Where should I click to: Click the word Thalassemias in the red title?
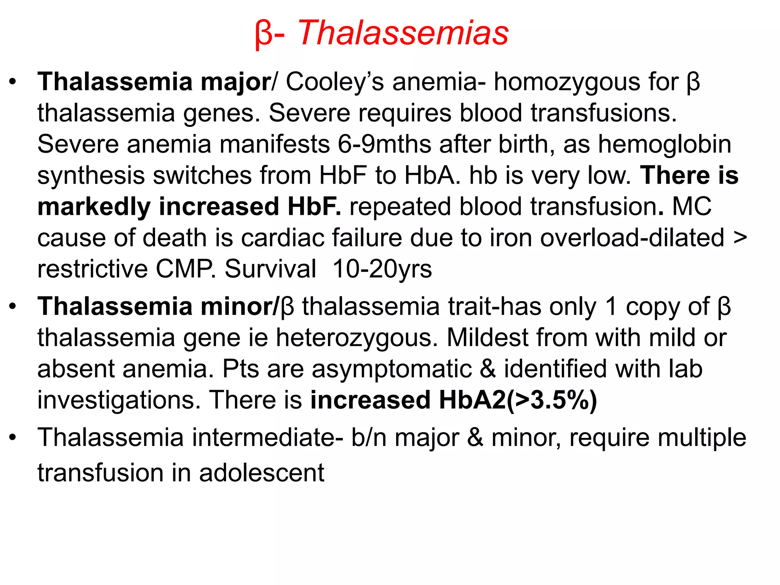[403, 34]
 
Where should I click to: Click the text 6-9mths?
[385, 145]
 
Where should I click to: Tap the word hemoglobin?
[665, 145]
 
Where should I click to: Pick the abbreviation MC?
[691, 207]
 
